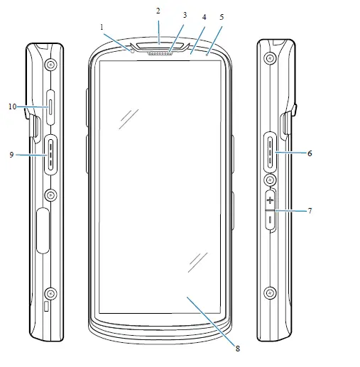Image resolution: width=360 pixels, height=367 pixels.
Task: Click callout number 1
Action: (102, 28)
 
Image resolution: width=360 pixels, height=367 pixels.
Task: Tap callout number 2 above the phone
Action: (158, 11)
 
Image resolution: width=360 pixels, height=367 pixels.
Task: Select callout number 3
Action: (185, 15)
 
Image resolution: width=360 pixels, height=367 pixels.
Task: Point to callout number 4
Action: (204, 17)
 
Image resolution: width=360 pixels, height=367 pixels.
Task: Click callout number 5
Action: (222, 17)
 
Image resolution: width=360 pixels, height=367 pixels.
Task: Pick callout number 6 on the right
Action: (310, 153)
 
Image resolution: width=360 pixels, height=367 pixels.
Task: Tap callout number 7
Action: (310, 211)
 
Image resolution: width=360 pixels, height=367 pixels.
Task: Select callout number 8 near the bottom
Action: (238, 349)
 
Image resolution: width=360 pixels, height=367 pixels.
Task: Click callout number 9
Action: (11, 155)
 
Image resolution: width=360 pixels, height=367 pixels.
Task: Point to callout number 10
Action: (13, 106)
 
